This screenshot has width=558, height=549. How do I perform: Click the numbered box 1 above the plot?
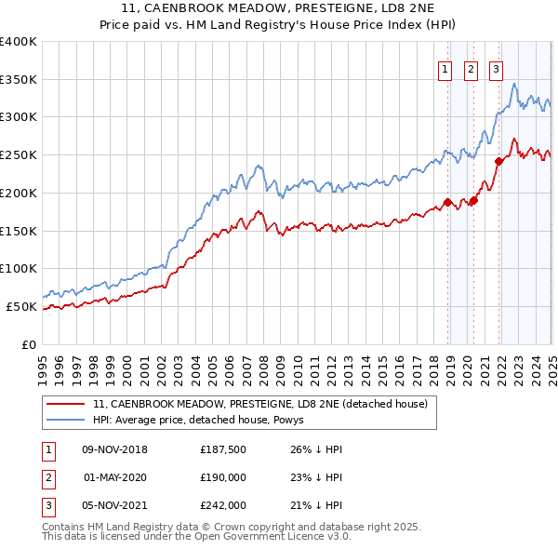pos(445,68)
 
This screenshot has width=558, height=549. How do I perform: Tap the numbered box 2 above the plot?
pos(471,68)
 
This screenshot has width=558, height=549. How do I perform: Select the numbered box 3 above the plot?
pos(497,68)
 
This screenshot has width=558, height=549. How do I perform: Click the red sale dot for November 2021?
pos(498,161)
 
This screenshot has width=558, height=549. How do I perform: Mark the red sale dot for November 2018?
pos(447,202)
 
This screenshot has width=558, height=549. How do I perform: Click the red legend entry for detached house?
pos(259,405)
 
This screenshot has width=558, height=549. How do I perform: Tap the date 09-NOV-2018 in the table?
pos(115,449)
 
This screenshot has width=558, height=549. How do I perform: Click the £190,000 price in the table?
pos(223,477)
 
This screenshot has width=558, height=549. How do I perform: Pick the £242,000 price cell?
pos(223,505)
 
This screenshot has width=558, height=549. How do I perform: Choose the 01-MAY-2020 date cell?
pos(115,477)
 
